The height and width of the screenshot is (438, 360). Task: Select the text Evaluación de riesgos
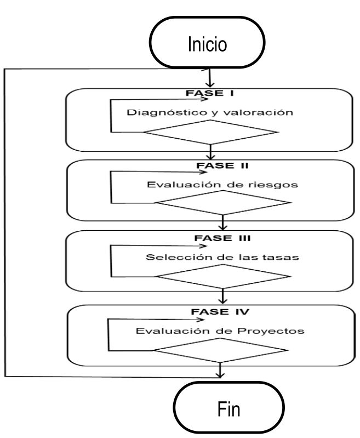coord(222,184)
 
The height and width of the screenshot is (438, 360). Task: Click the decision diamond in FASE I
coord(210,132)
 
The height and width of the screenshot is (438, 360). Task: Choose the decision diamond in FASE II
coord(222,203)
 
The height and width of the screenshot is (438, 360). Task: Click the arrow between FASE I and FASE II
coord(210,152)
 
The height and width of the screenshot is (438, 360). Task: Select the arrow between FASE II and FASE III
coord(222,222)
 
